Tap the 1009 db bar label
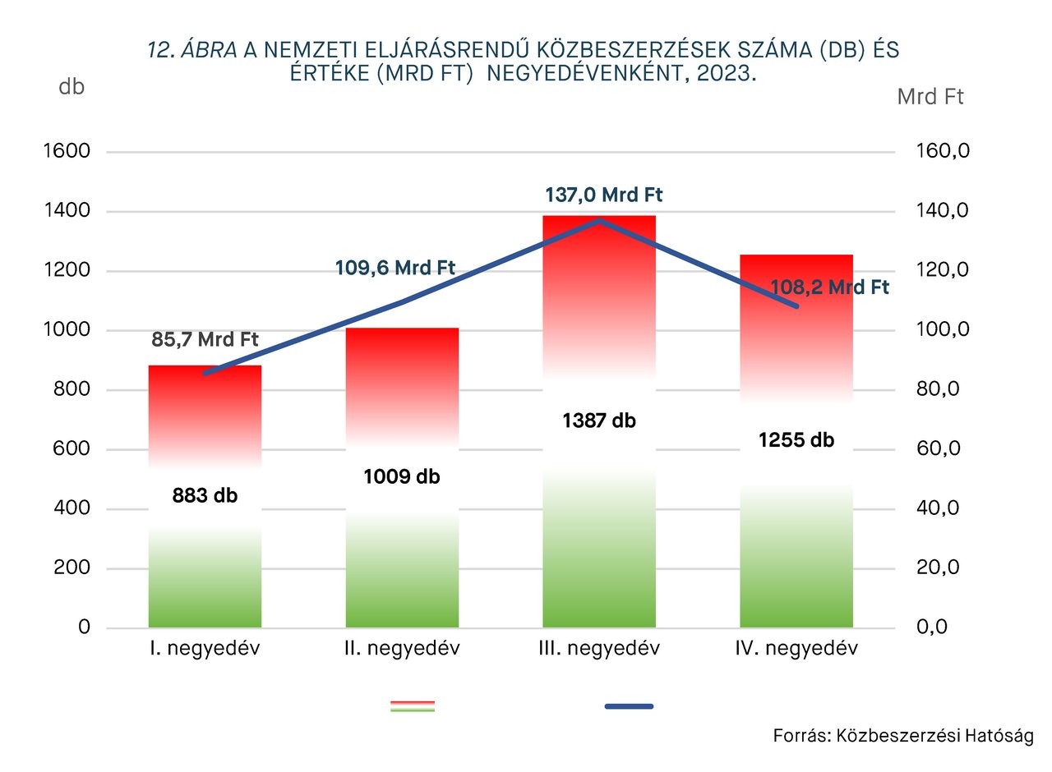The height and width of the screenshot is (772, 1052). [x=402, y=476]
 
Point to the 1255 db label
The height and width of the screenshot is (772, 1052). [x=796, y=440]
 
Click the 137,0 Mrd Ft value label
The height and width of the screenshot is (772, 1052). [x=603, y=195]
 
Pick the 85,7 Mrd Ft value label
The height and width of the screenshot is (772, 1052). [x=205, y=339]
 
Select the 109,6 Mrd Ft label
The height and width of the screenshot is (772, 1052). [x=395, y=268]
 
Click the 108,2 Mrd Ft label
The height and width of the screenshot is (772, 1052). [x=830, y=287]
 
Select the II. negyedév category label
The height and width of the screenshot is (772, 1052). [x=402, y=649]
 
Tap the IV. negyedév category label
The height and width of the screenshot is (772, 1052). [x=796, y=649]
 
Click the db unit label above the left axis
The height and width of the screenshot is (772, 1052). [x=72, y=86]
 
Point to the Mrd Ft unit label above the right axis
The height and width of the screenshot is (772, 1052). [x=930, y=97]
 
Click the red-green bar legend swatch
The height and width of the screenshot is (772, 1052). [x=413, y=706]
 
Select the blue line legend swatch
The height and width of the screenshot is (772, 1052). [x=630, y=706]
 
